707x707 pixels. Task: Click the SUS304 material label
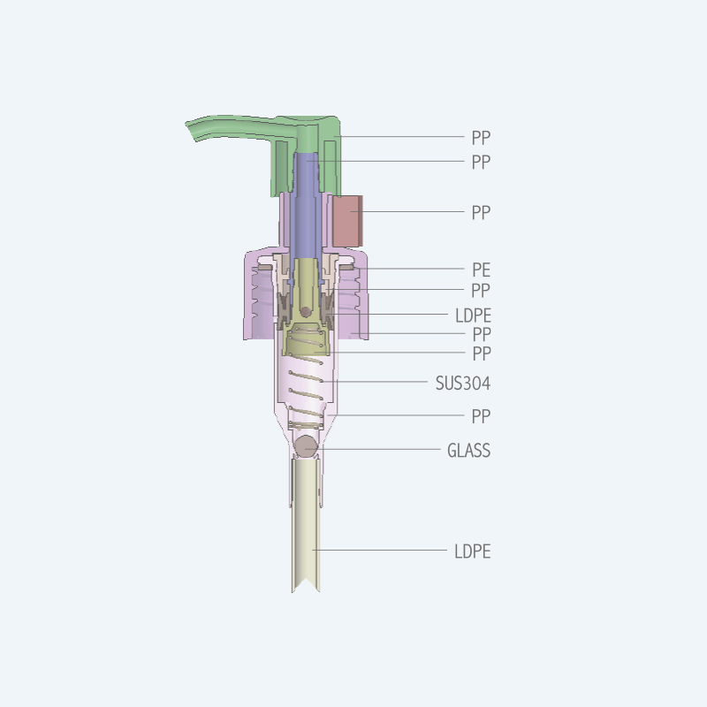pos(462,384)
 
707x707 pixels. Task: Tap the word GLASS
pos(468,451)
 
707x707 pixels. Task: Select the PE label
pos(481,270)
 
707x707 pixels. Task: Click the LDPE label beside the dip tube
pos(472,551)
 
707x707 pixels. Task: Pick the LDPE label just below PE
pos(473,315)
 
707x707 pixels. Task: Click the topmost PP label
pos(481,138)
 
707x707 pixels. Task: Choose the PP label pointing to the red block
pos(481,212)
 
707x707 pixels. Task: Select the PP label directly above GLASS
pos(481,416)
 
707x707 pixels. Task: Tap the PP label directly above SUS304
pos(482,353)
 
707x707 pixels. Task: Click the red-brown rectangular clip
pos(347,221)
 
